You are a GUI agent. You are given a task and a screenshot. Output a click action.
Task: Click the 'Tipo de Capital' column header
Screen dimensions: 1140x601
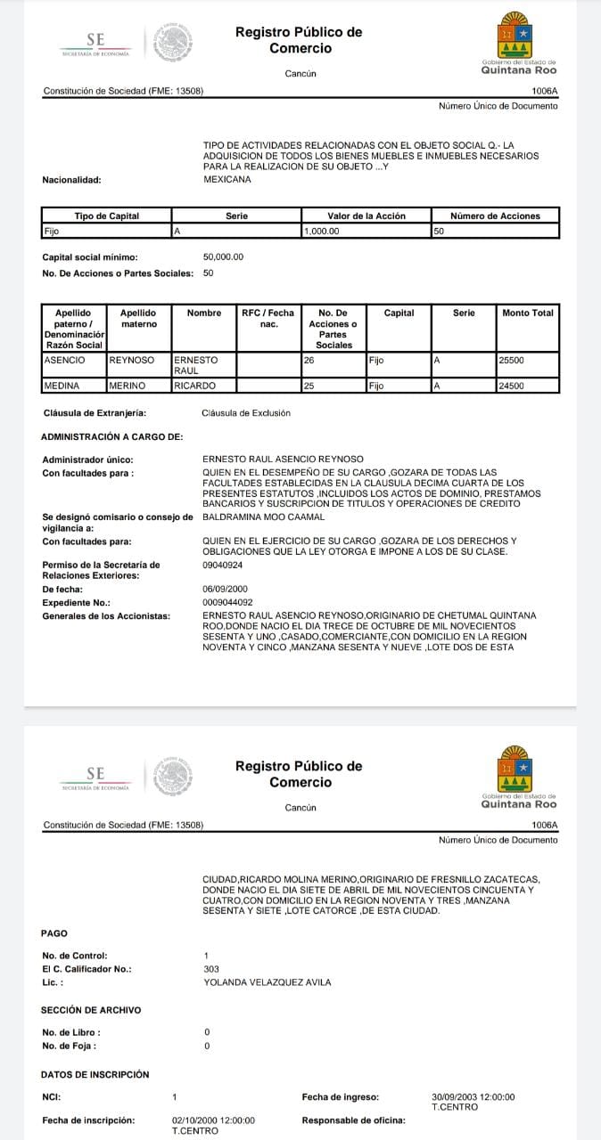point(106,216)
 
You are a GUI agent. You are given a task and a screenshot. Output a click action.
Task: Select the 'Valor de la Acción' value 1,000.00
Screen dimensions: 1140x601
point(321,232)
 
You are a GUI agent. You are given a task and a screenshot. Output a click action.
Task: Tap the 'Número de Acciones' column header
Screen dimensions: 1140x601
point(495,216)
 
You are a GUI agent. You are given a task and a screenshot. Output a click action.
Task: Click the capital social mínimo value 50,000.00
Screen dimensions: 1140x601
point(223,256)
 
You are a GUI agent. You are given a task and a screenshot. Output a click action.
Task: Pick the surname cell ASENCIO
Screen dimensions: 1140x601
point(64,361)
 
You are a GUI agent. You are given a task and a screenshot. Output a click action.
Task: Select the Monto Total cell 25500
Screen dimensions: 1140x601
point(512,361)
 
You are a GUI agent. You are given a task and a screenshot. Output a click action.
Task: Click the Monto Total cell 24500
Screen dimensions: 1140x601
point(511,386)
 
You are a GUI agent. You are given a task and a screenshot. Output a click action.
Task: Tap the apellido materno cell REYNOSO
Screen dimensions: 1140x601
point(131,361)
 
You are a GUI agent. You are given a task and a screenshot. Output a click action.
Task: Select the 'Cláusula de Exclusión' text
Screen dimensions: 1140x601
point(246,413)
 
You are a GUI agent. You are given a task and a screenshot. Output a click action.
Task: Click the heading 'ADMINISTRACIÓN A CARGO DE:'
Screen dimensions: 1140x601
point(111,436)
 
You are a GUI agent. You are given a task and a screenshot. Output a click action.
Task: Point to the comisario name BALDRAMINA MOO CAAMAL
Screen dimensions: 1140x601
point(264,517)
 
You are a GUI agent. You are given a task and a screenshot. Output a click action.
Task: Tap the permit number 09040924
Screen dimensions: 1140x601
point(223,565)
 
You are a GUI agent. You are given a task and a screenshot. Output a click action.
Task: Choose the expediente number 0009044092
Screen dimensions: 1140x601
point(228,602)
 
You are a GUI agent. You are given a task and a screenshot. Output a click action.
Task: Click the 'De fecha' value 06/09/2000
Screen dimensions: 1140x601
point(226,589)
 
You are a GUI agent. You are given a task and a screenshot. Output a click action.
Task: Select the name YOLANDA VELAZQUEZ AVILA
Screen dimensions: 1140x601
point(267,981)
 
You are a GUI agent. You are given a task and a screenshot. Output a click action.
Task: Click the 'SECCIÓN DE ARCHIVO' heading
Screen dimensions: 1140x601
point(91,1010)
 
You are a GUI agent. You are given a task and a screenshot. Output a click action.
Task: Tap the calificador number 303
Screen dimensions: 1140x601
point(211,968)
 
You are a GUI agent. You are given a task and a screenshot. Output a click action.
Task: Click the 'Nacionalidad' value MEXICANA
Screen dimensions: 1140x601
point(227,179)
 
